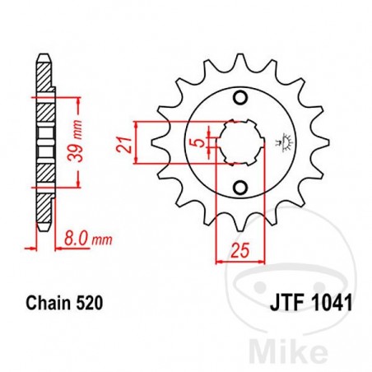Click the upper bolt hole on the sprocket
240,100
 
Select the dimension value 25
238,249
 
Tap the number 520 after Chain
91,304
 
